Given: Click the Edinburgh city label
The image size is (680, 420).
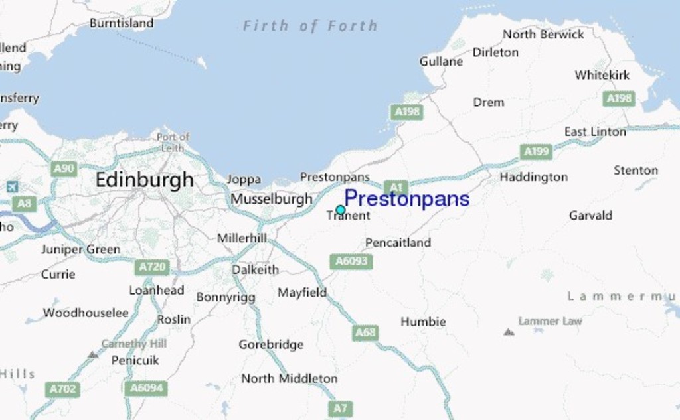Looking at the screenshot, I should coord(145,180).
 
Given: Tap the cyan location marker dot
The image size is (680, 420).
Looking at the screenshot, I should coord(341,210).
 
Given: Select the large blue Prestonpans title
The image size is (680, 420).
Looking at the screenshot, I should coord(406,198).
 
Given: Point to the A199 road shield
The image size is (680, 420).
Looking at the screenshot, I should coord(536,151).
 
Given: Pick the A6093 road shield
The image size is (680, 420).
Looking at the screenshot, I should coord(351,261).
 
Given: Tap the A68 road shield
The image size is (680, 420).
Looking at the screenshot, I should coord(365,332).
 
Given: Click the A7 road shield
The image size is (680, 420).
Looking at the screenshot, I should coord(340,409).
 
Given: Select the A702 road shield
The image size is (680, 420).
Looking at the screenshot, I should coord(63,389).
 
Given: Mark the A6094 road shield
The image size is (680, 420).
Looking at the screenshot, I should coord(146,388).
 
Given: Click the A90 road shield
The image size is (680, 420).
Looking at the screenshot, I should coord(64,169).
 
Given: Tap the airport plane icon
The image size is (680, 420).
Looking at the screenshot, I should coord(12,187).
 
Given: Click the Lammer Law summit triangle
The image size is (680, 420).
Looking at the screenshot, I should coord(509,332).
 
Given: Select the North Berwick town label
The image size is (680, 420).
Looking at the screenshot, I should coord(543,34).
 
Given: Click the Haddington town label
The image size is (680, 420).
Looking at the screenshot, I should coord(534,177).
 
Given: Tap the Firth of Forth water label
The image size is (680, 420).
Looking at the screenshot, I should coord(310,26).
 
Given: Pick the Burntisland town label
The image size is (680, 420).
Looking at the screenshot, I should coord(122,23).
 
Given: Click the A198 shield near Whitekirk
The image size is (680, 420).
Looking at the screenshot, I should coord(619,99).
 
